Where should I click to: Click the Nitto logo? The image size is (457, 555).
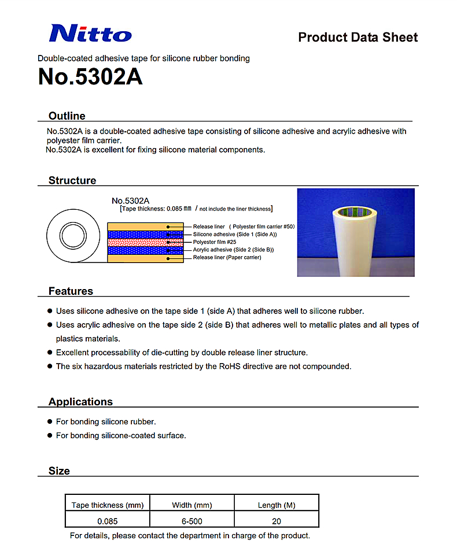coord(90,33)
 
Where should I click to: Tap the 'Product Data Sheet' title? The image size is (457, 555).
coord(358,38)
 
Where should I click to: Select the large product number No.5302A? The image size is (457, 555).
coord(90,77)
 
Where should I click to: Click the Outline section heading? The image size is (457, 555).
coord(67,116)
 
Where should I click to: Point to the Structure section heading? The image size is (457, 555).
coord(72,180)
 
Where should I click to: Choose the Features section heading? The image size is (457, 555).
coord(71,291)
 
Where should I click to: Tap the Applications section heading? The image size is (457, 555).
coord(80,402)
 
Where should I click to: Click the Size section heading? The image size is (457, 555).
coord(59,471)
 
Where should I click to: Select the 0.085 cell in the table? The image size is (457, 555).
coord(108,521)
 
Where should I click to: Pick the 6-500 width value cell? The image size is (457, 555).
coord(192,521)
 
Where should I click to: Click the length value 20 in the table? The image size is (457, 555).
coord(277,521)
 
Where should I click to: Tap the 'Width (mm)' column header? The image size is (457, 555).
coord(192,505)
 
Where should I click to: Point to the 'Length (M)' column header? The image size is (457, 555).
coord(277,505)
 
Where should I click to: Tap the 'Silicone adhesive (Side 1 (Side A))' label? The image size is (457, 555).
coord(235,234)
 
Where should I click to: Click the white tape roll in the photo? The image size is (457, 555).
coord(353,243)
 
